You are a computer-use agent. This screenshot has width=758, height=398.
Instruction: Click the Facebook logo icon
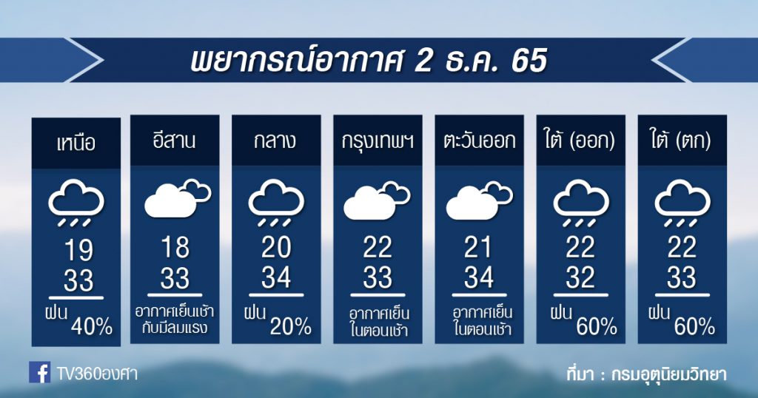40,372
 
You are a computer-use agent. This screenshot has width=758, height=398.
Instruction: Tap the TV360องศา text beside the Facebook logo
97,374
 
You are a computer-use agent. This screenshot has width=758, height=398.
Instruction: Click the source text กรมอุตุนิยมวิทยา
669,374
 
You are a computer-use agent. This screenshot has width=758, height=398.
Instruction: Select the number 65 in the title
529,61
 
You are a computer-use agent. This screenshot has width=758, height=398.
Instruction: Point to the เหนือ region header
76,144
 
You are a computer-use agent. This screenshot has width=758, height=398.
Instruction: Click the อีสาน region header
175,141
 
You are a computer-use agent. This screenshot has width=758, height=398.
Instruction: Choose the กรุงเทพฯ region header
378,141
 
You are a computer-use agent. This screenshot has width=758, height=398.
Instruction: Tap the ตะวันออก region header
479,141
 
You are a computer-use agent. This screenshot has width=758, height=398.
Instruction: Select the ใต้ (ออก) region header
580,141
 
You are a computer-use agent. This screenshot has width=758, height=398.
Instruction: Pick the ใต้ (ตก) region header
682,141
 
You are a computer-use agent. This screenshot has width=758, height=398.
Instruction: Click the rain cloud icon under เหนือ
76,203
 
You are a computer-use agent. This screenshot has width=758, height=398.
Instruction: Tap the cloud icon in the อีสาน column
178,198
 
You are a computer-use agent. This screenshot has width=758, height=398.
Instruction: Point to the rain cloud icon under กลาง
276,203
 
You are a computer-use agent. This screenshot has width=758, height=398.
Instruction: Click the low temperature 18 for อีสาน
175,247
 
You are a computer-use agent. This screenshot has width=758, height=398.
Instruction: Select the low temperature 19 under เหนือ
78,250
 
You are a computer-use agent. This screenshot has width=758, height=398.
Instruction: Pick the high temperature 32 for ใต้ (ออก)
580,277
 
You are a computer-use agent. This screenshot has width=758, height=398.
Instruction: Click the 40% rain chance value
92,326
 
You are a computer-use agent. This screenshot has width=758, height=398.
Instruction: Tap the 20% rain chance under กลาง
290,326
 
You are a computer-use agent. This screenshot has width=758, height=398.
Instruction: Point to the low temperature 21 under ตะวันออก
478,247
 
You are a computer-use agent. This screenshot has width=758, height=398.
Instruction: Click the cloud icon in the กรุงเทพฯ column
377,200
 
